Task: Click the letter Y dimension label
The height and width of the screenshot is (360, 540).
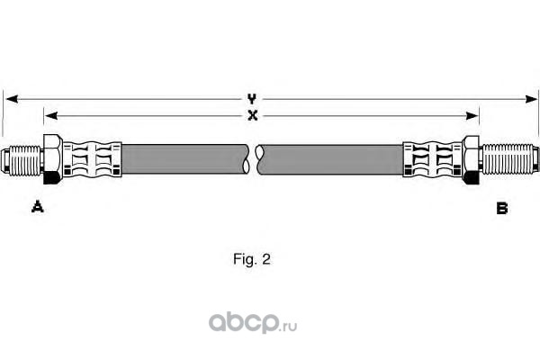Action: (x=253, y=97)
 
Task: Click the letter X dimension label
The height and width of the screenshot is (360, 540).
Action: (x=253, y=114)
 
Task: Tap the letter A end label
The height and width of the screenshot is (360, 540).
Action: (x=38, y=208)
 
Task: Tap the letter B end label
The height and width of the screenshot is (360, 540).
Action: (x=502, y=208)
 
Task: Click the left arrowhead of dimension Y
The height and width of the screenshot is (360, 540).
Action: (x=9, y=97)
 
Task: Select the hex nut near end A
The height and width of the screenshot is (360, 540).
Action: (x=51, y=160)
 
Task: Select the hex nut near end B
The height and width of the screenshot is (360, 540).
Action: (x=471, y=160)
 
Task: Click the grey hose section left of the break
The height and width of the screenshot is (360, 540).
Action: (x=184, y=160)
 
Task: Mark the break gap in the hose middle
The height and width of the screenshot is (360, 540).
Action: (x=255, y=160)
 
